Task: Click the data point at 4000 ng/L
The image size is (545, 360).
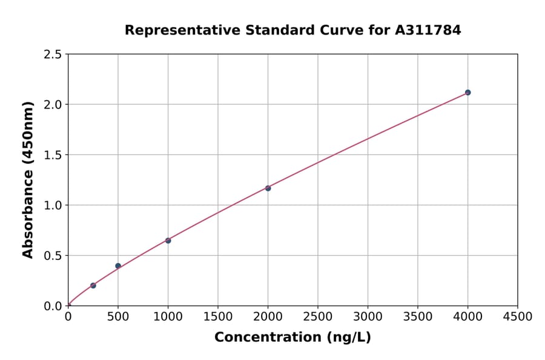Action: click(x=467, y=93)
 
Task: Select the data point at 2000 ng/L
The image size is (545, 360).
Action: click(x=268, y=188)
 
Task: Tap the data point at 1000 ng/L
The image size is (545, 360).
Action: click(x=168, y=241)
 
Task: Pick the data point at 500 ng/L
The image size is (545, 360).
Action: click(x=118, y=266)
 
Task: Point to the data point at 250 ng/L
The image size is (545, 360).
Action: click(x=93, y=285)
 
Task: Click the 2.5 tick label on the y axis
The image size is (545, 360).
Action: click(x=53, y=55)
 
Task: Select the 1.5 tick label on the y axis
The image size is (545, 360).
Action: click(x=53, y=155)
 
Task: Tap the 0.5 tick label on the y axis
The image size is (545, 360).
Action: click(x=53, y=256)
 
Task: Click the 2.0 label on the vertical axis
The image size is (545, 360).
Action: click(x=53, y=105)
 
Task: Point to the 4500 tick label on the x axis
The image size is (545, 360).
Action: click(x=517, y=317)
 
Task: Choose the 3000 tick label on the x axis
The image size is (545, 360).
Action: click(x=368, y=317)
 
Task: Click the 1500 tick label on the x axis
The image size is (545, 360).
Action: click(x=218, y=317)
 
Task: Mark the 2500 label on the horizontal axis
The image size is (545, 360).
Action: click(x=318, y=317)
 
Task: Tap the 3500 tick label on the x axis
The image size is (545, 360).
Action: click(x=418, y=317)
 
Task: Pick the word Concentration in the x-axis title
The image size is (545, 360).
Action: click(x=268, y=337)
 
